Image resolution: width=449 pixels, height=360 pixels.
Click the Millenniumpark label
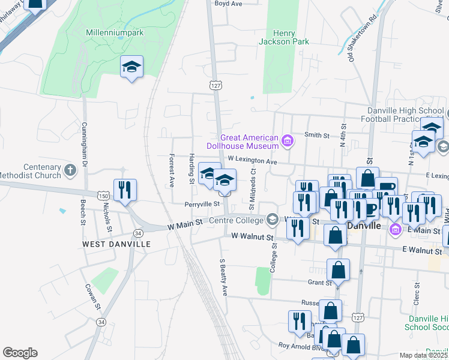pyautogui.click(x=115, y=32)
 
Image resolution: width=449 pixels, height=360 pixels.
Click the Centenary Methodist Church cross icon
pyautogui.click(x=71, y=170)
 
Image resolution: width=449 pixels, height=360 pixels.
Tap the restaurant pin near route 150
pyautogui.click(x=125, y=190)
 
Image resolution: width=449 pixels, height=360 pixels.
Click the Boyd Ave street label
pyautogui.click(x=228, y=4)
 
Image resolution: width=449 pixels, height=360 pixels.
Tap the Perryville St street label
pyautogui.click(x=200, y=205)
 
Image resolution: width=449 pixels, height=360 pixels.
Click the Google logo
pyautogui.click(x=20, y=352)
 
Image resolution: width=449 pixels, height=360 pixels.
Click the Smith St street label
pyautogui.click(x=317, y=136)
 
